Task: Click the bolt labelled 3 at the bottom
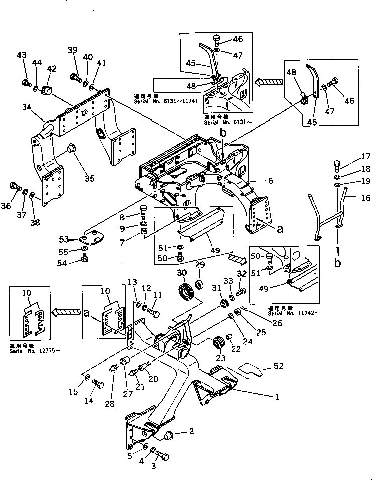coord(162,456)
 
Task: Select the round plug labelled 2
coord(169,434)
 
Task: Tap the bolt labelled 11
coord(154,313)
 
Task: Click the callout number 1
coord(276,396)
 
